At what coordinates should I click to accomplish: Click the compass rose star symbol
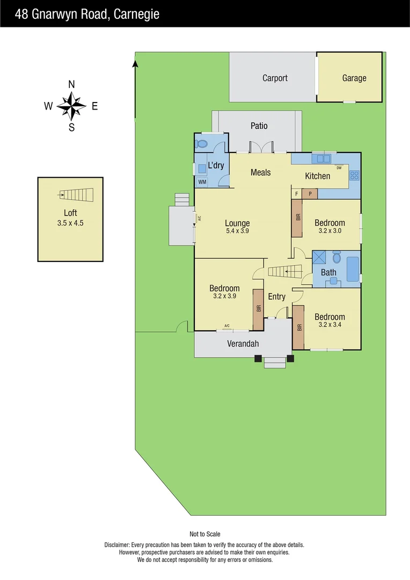point(71,105)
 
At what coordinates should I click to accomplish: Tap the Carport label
point(275,78)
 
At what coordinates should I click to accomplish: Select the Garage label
point(354,78)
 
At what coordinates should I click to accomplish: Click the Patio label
point(259,126)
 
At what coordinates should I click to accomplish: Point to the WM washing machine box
point(202,182)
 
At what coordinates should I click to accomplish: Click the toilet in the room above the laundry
point(202,144)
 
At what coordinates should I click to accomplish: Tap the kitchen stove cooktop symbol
point(354,175)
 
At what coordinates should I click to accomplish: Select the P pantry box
point(310,193)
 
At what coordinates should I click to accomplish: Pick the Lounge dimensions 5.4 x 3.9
point(237,231)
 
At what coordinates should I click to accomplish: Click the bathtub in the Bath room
point(353,269)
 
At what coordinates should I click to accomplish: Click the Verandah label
point(243,344)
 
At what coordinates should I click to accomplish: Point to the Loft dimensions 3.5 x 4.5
point(70,223)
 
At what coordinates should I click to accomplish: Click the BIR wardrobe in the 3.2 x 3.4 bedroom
point(299,327)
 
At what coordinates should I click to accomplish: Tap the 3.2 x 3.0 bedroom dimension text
point(330,231)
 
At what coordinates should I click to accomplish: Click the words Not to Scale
point(205,534)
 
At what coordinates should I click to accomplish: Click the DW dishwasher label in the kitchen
point(339,168)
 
